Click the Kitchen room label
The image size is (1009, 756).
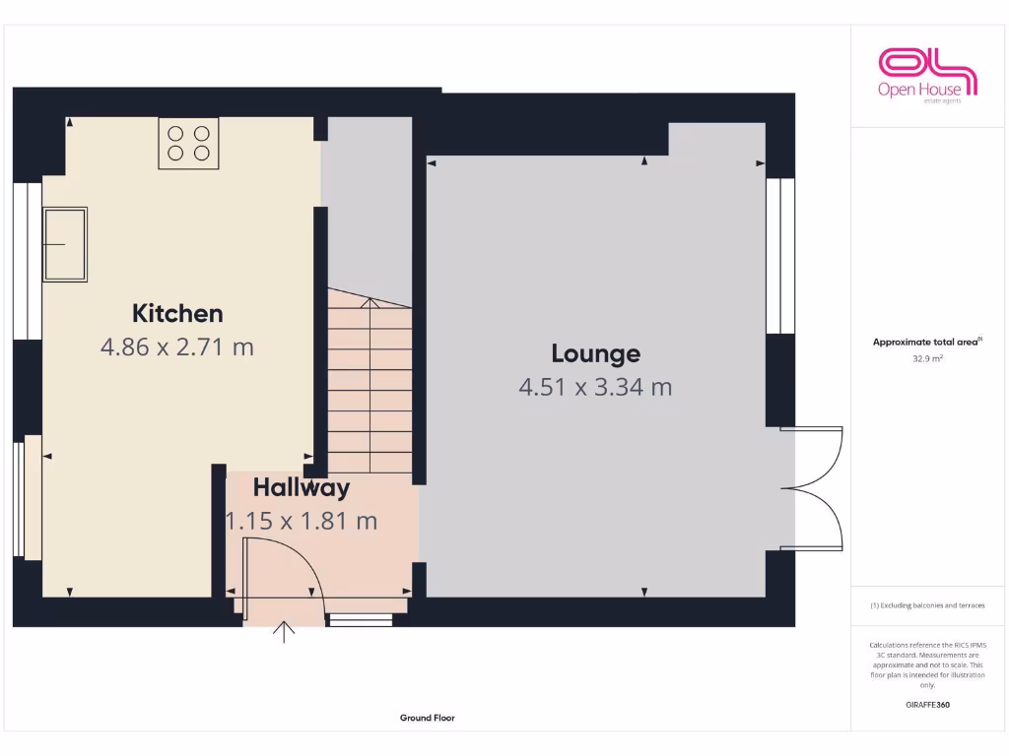tap(177, 313)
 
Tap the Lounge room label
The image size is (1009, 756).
tap(595, 353)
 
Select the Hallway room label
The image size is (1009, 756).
tap(301, 487)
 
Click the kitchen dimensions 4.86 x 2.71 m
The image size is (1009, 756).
tap(177, 346)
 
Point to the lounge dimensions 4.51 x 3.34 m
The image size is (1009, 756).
tap(595, 387)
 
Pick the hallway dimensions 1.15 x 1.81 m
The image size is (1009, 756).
tap(302, 521)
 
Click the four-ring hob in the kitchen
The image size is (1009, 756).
tap(188, 143)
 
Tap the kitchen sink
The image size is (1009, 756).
tap(65, 243)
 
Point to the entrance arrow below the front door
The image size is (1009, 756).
tap(285, 631)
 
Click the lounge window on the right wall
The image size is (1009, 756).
tap(780, 256)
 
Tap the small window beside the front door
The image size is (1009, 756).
tap(360, 620)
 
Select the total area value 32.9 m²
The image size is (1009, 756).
tap(927, 359)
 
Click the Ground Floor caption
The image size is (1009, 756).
tap(427, 718)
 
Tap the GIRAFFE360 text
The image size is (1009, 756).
tap(927, 705)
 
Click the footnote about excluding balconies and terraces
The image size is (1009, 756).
tap(927, 605)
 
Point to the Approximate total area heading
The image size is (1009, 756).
tap(927, 342)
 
